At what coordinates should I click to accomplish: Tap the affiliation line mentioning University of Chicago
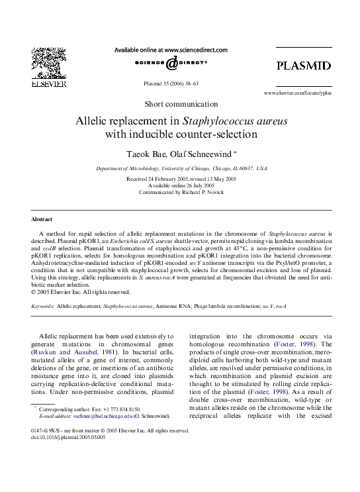[x=180, y=169]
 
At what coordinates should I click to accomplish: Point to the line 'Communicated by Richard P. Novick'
[x=180, y=192]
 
